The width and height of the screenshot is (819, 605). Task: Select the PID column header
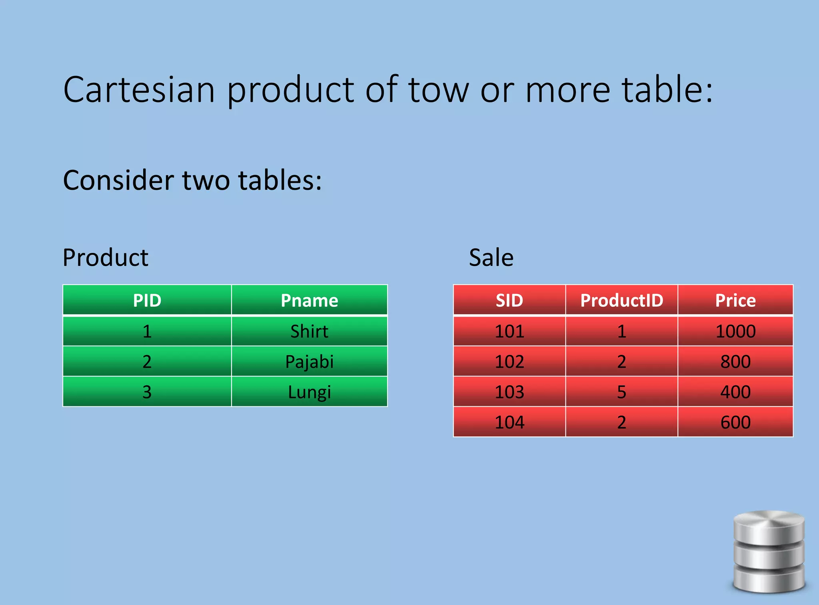coord(147,300)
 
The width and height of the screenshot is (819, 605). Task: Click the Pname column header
coord(309,300)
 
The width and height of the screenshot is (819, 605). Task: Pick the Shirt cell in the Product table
coord(309,331)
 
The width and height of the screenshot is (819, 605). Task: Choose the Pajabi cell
coord(309,362)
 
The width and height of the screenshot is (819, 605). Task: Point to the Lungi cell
coord(309,392)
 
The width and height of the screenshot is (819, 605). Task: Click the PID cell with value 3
coord(147,392)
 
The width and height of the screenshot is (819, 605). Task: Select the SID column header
coord(509,300)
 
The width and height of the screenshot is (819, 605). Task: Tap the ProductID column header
coord(621,300)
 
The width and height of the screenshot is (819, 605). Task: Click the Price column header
coord(735,300)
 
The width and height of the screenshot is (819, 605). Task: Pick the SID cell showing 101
coord(509,331)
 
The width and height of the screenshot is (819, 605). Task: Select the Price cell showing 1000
coord(735,331)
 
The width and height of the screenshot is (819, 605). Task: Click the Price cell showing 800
coord(735,362)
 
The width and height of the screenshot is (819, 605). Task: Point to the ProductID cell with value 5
coord(621,392)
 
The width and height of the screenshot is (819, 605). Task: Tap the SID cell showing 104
coord(509,422)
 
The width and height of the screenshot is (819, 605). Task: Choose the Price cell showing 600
coord(735,422)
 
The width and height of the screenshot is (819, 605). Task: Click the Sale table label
coord(491,257)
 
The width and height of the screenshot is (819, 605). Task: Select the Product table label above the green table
coord(106,257)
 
